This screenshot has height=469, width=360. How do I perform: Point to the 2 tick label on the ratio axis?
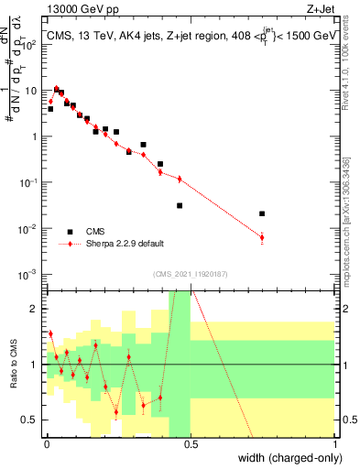(38, 309)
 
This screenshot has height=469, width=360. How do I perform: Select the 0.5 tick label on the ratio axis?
(33, 420)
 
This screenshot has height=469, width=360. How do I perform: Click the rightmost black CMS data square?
(262, 213)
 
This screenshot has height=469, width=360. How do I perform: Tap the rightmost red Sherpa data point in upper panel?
(262, 238)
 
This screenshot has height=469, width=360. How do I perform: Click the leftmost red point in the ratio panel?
(50, 333)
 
